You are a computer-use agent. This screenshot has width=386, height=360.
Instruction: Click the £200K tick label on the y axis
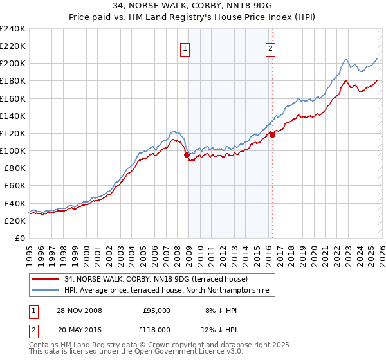(13, 64)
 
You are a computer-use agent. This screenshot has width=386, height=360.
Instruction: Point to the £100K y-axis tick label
(13, 150)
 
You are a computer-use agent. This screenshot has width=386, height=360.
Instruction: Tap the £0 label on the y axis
(20, 238)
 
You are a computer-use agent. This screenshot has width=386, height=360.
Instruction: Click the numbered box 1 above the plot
(185, 48)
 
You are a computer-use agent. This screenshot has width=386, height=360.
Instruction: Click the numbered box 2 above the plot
(270, 48)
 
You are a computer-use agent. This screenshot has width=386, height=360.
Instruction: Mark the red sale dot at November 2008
(187, 155)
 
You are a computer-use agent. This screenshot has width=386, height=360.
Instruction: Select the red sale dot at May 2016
(272, 135)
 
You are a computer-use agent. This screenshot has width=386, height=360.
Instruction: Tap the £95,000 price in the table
(156, 310)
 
